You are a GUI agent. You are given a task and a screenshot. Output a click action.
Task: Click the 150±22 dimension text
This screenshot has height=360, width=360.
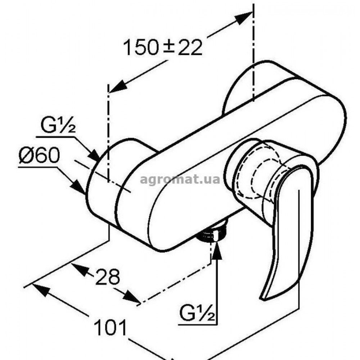point(163,47)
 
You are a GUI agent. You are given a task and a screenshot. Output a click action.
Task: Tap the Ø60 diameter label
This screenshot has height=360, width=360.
point(39,155)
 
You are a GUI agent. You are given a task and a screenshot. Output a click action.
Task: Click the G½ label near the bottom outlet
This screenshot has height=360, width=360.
point(197,313)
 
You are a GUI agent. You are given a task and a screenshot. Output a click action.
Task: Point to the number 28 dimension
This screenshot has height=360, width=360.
point(108,276)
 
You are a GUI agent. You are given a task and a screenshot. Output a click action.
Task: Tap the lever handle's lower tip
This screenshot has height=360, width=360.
point(263,298)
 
